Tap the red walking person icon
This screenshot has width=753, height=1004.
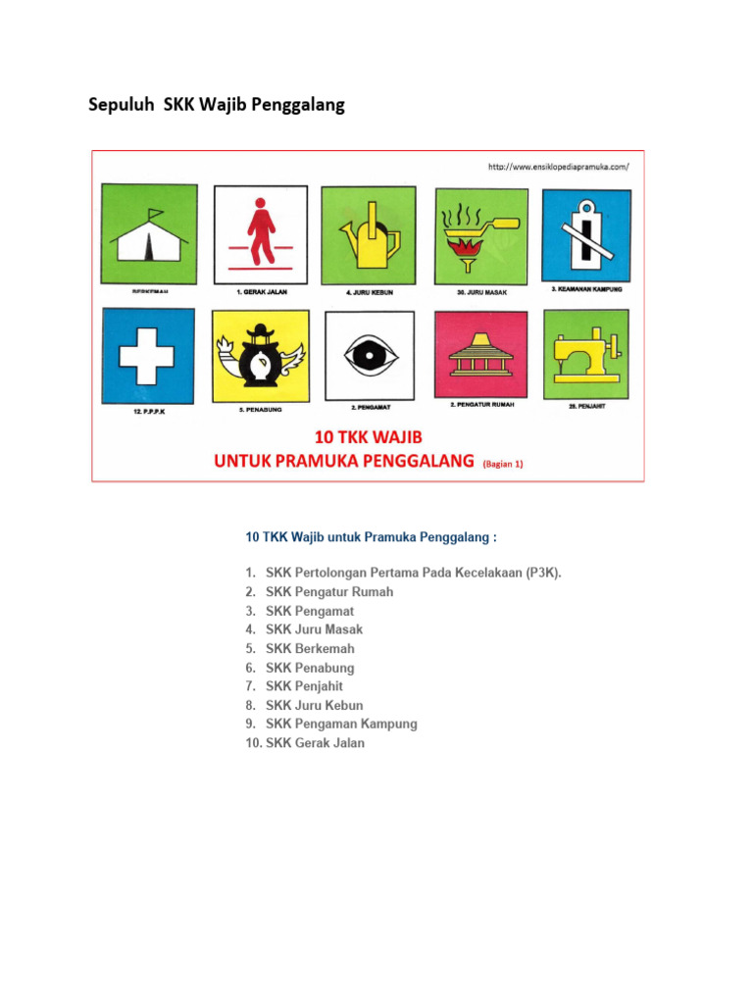click(261, 231)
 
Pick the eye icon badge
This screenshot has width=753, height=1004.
click(372, 356)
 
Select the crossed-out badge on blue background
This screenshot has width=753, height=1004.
click(586, 234)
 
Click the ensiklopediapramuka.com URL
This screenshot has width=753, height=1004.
click(558, 167)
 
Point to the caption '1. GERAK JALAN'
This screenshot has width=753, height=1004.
click(261, 292)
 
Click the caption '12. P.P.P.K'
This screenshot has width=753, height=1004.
click(149, 413)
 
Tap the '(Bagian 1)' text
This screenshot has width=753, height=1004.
click(503, 465)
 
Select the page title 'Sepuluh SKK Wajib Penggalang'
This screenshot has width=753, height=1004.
click(217, 105)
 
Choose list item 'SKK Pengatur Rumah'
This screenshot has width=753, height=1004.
click(329, 591)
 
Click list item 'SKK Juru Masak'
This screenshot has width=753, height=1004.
click(314, 629)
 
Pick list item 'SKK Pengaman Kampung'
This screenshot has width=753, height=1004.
click(341, 724)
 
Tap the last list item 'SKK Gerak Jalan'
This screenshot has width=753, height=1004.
click(315, 743)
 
